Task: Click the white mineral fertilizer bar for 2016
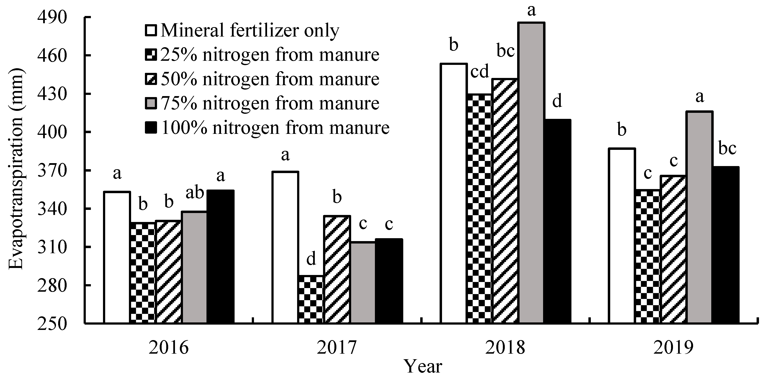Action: tap(117, 257)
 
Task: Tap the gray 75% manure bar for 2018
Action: tap(531, 173)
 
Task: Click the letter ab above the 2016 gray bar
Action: tap(195, 193)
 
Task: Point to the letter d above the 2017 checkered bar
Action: tap(311, 259)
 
